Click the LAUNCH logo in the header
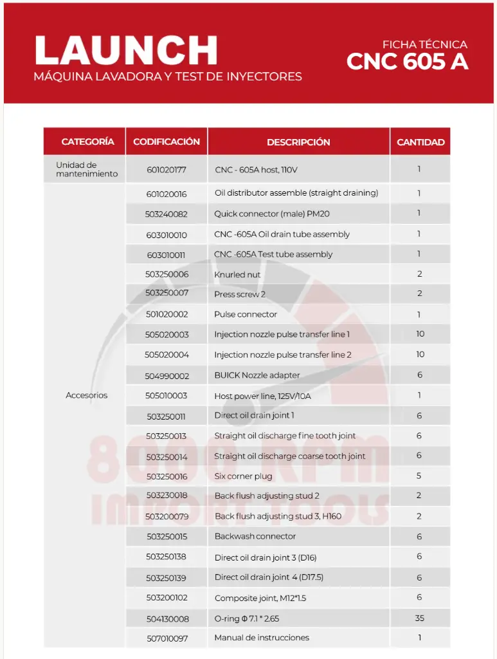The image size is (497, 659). pyautogui.click(x=126, y=50)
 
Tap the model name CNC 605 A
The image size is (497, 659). pyautogui.click(x=407, y=62)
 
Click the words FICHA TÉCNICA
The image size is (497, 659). pyautogui.click(x=424, y=44)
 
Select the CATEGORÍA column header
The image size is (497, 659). pyautogui.click(x=88, y=142)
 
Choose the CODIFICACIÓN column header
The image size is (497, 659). pyautogui.click(x=167, y=142)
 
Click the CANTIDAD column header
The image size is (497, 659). pyautogui.click(x=420, y=142)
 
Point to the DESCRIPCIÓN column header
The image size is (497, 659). pyautogui.click(x=298, y=142)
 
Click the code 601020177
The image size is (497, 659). pyautogui.click(x=166, y=170)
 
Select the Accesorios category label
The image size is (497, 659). pyautogui.click(x=87, y=395)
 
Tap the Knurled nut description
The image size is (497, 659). pyautogui.click(x=237, y=275)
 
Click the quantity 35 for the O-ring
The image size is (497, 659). pyautogui.click(x=419, y=618)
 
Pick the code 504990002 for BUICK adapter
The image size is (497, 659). pyautogui.click(x=167, y=375)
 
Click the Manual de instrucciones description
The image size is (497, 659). pyautogui.click(x=262, y=638)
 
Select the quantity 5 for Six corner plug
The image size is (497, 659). pyautogui.click(x=419, y=476)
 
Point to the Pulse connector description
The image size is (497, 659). pyautogui.click(x=246, y=315)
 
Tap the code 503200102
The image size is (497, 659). pyautogui.click(x=167, y=598)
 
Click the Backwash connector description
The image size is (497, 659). pyautogui.click(x=255, y=536)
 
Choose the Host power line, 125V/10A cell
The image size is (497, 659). pyautogui.click(x=262, y=396)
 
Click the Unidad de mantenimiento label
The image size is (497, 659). pyautogui.click(x=87, y=169)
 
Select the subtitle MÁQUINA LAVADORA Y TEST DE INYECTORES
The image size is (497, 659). pyautogui.click(x=168, y=77)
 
